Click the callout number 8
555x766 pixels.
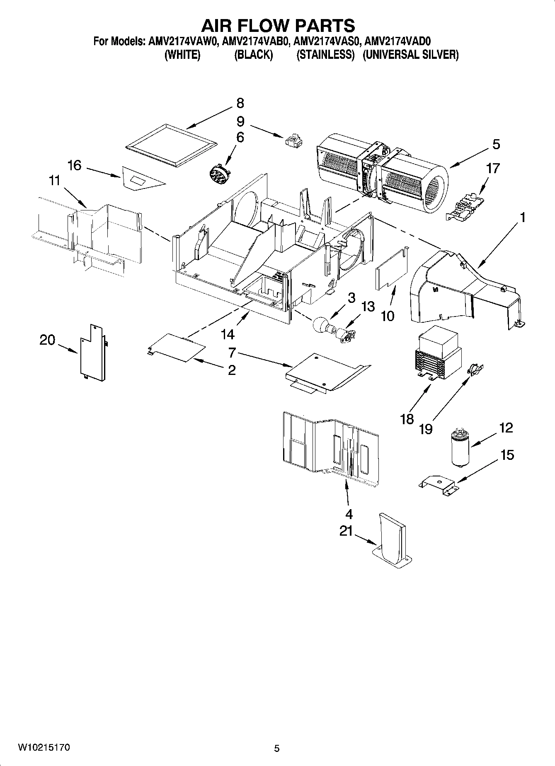240,103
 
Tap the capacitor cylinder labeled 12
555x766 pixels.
460,448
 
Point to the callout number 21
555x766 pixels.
346,532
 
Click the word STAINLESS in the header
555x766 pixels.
325,55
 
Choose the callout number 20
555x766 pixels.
47,340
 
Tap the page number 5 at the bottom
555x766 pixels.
277,748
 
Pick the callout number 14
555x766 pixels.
228,333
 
